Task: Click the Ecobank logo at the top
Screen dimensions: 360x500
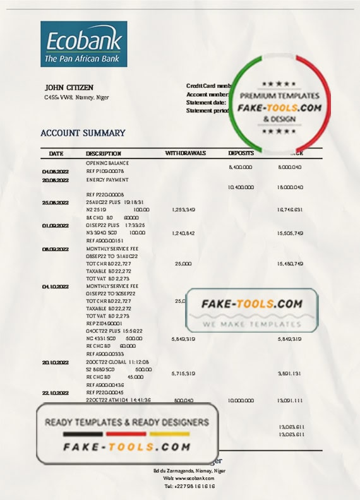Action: coord(83,44)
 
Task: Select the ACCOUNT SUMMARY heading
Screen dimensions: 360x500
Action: coord(83,133)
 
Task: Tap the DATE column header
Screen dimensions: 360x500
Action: coord(56,153)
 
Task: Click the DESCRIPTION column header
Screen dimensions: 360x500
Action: coord(104,153)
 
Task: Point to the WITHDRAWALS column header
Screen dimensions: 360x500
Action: coord(185,153)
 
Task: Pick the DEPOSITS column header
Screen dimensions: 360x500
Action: coord(241,153)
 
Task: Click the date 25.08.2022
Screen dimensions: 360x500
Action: coord(54,202)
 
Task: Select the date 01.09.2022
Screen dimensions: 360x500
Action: coord(54,225)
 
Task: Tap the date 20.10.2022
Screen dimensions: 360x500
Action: coord(54,362)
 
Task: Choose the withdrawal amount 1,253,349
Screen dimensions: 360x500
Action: coord(183,210)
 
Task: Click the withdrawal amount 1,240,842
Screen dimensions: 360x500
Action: coord(183,233)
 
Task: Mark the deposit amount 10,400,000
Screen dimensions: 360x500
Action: coord(240,187)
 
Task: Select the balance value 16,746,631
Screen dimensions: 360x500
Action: coord(291,210)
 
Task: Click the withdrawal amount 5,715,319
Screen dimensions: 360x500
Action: coord(183,374)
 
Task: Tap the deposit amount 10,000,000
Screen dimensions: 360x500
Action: coord(240,400)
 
